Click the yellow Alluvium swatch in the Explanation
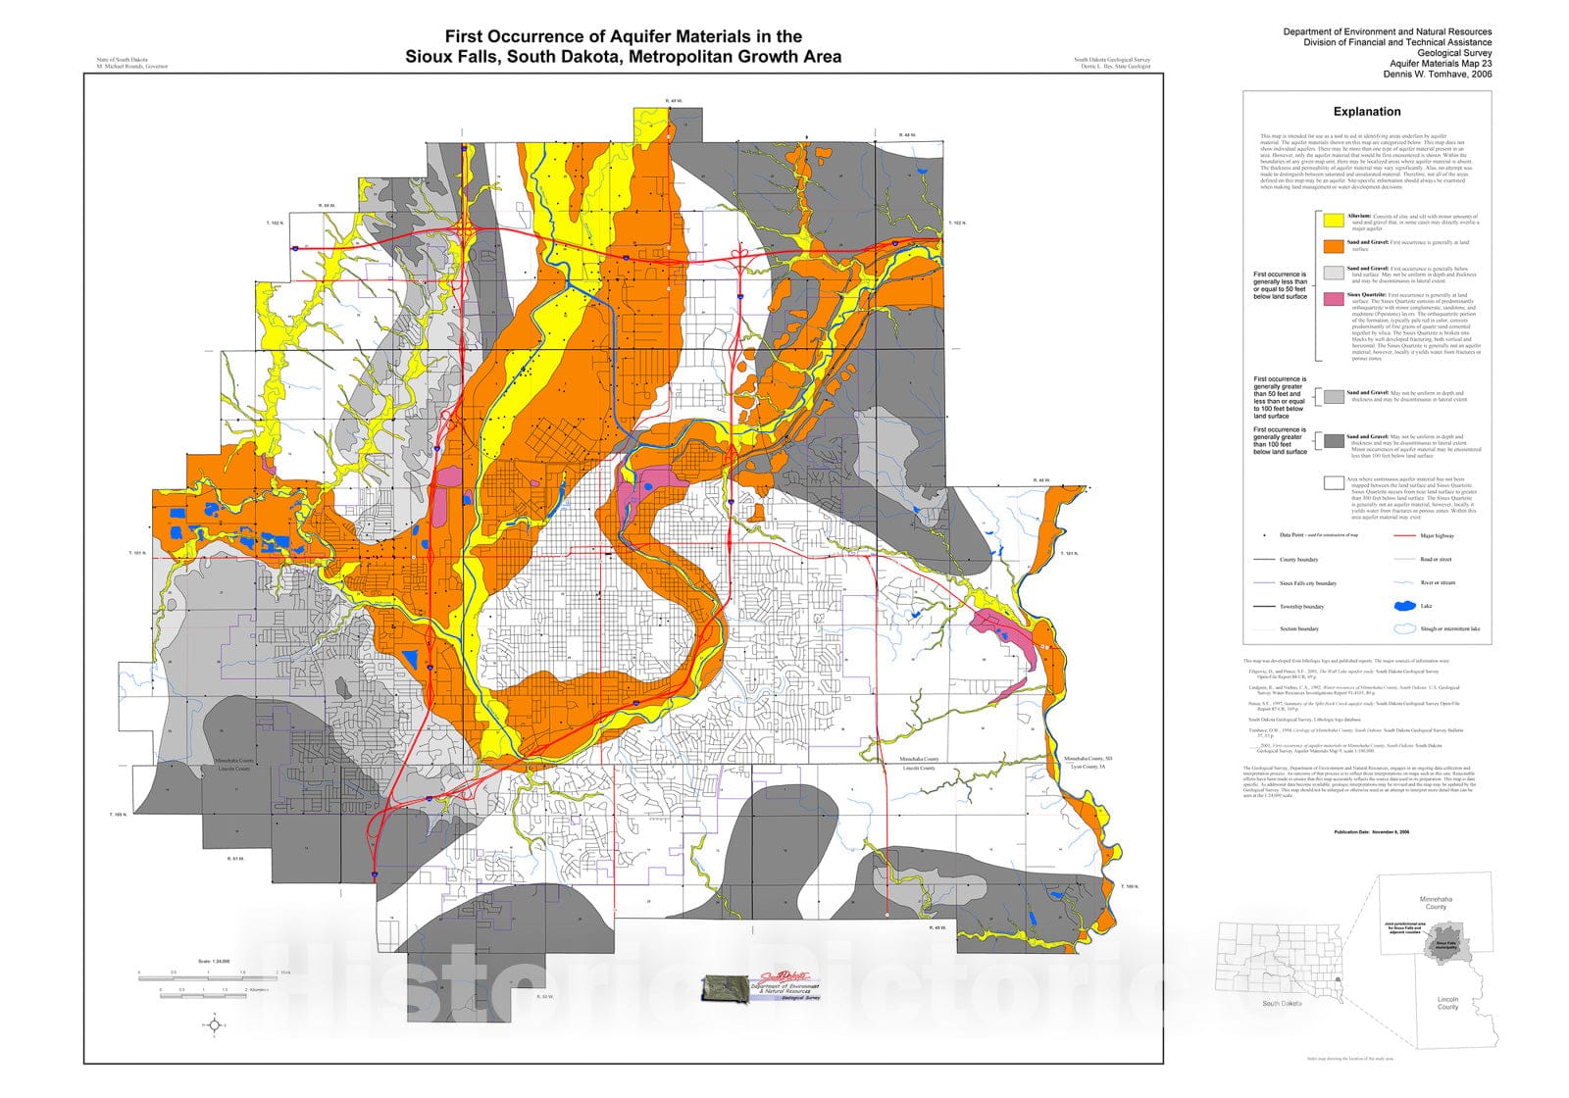(1333, 221)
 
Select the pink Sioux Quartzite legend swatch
(1333, 299)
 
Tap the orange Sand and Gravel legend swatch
(1333, 246)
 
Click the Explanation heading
(1366, 112)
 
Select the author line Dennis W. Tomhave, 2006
(1438, 74)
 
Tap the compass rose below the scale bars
(215, 1025)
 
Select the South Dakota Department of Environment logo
(761, 986)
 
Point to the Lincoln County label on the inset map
(1447, 1003)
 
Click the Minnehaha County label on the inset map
(1436, 902)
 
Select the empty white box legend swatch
(1333, 482)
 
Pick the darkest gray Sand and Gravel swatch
(1333, 441)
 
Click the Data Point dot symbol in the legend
(1265, 535)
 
